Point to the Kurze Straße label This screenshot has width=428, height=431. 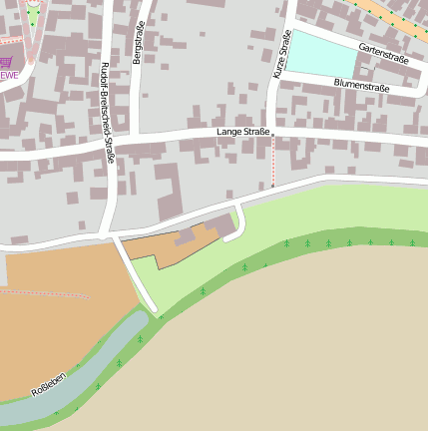coord(281,55)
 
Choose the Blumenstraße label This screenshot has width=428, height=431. coord(361,87)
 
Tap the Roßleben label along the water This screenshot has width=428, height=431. coord(49,384)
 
